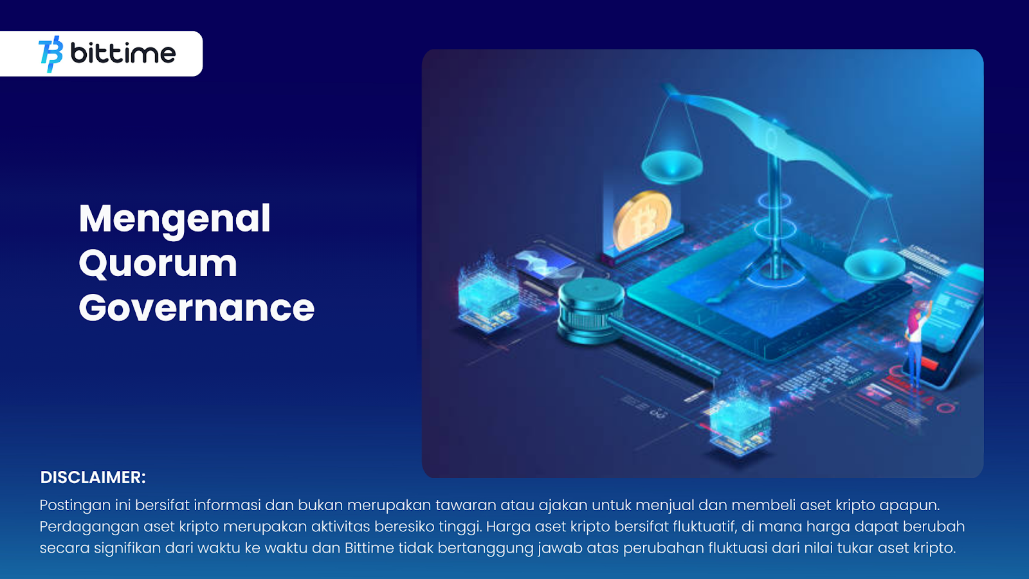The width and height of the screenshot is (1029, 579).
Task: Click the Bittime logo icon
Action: point(51,54)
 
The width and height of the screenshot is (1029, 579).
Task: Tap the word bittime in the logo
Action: point(123,53)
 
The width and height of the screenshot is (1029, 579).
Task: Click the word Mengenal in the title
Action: point(174,220)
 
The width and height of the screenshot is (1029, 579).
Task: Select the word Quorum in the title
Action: point(158,264)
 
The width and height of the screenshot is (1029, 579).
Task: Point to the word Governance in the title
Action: point(197,308)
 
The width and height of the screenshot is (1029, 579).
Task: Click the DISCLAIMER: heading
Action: point(93,477)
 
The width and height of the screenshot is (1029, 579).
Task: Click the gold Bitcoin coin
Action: point(642,221)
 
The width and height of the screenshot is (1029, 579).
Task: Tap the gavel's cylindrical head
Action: point(591,310)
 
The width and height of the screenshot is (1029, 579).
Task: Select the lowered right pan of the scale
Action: point(875,266)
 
